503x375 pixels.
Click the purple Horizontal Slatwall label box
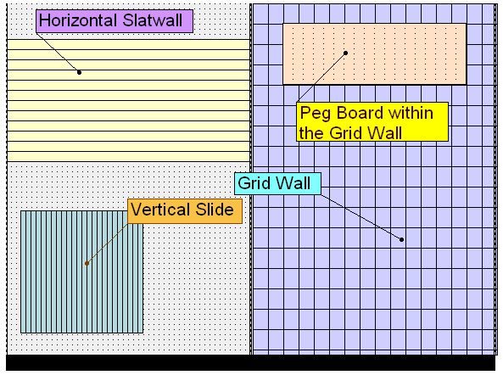point(115,21)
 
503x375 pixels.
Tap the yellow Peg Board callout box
point(372,122)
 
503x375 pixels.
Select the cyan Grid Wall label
point(277,183)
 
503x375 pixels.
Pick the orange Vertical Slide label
point(185,211)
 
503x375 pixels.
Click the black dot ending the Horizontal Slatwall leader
point(79,72)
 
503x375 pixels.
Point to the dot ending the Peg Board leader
point(345,53)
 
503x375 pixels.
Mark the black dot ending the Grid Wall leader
point(401,239)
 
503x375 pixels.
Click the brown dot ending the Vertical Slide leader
point(87,263)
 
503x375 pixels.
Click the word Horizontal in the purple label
point(78,20)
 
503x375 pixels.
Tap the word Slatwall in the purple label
point(153,20)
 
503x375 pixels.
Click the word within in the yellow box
point(411,113)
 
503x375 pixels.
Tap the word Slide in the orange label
point(215,210)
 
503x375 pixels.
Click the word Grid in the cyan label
point(254,183)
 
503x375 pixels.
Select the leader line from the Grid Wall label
point(361,217)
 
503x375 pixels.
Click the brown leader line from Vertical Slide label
point(107,243)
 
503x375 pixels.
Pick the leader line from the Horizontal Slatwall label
point(58,53)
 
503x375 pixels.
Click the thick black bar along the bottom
point(250,363)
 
